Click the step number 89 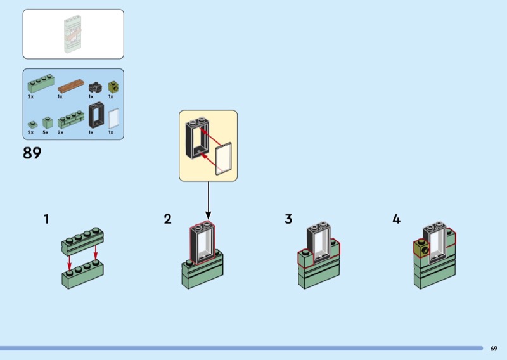(32, 153)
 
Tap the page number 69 (494, 348)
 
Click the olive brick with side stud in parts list (113, 86)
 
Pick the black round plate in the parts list (96, 87)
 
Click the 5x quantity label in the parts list (46, 132)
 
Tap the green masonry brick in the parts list (70, 119)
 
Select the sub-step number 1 (46, 219)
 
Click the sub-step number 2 (167, 219)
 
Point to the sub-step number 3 (288, 219)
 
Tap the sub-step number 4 (396, 219)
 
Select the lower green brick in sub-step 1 (82, 275)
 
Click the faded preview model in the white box (72, 34)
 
